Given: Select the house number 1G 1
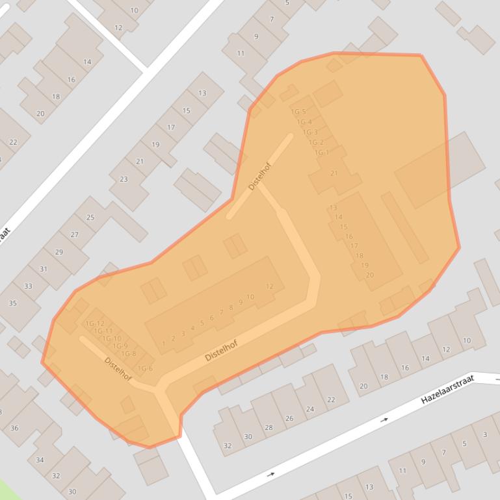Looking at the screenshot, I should tap(321, 153).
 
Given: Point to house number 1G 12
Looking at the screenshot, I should tap(95, 323).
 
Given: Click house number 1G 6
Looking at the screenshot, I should tap(145, 369).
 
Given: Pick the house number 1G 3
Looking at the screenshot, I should tap(310, 132).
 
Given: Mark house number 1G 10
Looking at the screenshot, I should tap(112, 338).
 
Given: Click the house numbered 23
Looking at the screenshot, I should tap(124, 179).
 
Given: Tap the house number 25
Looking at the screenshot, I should tap(90, 218).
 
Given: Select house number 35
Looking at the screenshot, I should tap(12, 303).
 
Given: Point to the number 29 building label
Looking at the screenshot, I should tap(59, 252).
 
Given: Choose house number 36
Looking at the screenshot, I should tap(14, 428).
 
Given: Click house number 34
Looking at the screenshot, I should tap(40, 460).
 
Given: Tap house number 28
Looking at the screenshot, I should tap(269, 427).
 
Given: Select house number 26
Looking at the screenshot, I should tap(289, 418).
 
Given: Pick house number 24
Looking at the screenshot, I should tap(310, 409).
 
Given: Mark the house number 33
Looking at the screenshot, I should tap(28, 286).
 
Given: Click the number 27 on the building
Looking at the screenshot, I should tap(75, 235).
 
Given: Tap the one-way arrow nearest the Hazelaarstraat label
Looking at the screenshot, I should tap(384, 420).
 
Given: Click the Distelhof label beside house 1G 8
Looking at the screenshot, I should tap(118, 369).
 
